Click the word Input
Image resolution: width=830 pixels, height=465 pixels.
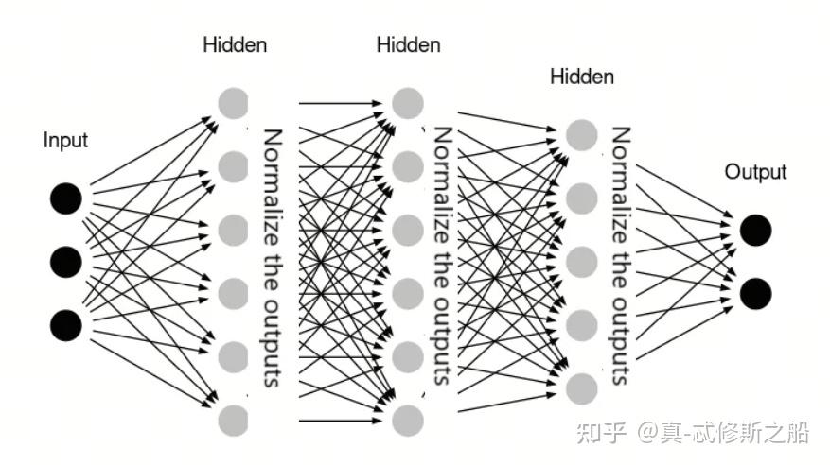[65, 141]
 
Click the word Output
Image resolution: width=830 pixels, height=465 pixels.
[755, 172]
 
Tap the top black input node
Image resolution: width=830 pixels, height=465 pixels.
[66, 198]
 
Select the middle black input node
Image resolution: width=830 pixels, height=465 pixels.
[66, 261]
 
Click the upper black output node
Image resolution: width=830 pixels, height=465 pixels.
[755, 230]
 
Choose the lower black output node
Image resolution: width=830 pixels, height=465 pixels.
[755, 293]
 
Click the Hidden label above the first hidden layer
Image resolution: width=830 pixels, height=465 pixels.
[235, 44]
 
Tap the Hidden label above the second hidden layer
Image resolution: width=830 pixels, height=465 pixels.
[408, 44]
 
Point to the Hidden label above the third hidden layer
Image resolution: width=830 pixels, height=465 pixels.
[582, 77]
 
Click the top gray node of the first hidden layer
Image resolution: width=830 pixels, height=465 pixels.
[233, 103]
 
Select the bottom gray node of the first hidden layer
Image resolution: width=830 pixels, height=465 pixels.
[233, 419]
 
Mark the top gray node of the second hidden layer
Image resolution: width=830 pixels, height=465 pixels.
[407, 103]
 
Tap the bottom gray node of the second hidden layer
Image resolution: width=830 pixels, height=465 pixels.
[407, 419]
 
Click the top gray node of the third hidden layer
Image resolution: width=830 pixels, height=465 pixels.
[582, 134]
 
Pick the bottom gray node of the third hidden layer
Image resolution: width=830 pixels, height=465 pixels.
[582, 387]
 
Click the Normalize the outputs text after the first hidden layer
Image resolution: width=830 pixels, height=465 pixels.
[273, 257]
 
